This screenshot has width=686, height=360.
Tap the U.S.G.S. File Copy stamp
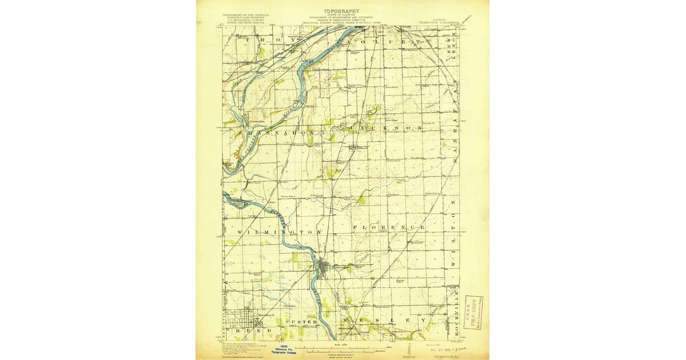[x=474, y=311]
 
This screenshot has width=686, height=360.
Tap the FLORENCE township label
[x=389, y=228]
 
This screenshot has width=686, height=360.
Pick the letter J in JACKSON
[x=354, y=128]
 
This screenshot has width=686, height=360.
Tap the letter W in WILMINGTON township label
[x=238, y=233]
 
